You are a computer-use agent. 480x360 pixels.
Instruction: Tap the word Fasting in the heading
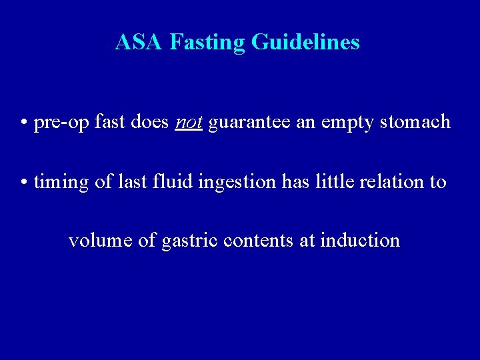point(207,43)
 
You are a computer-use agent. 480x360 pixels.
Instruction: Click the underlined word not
point(188,123)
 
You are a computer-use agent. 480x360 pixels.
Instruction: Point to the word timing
point(61,182)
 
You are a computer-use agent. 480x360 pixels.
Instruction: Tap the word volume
point(100,240)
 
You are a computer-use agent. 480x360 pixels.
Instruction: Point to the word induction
point(360,240)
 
